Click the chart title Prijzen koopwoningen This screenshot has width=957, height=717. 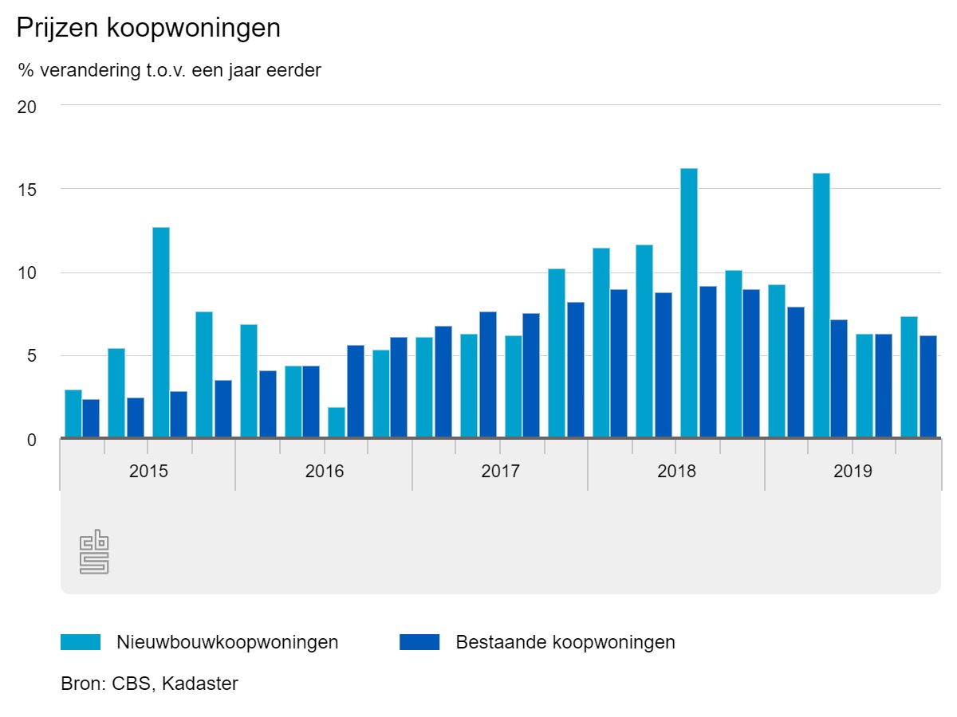(148, 29)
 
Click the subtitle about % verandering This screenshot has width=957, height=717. (169, 70)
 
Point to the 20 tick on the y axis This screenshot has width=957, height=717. (26, 106)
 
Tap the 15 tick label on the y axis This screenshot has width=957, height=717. (26, 190)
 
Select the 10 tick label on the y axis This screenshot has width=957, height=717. (26, 273)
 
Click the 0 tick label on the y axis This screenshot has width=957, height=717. (31, 440)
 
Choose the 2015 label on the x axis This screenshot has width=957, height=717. (148, 471)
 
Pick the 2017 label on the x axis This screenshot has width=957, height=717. (500, 471)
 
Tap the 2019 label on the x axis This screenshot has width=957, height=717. (853, 471)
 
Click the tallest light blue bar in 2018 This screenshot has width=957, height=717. (689, 303)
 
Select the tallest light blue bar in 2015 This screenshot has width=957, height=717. (161, 332)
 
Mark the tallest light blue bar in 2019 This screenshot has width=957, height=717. (821, 305)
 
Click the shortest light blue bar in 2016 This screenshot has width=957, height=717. (337, 422)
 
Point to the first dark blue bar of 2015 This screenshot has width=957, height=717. (91, 418)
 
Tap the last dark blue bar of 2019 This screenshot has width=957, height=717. (927, 386)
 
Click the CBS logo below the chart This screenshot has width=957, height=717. (94, 551)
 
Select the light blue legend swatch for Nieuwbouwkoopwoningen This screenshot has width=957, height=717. (81, 642)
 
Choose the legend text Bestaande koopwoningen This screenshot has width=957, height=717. (565, 642)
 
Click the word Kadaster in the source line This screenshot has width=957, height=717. (199, 684)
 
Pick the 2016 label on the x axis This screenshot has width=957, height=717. (325, 471)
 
